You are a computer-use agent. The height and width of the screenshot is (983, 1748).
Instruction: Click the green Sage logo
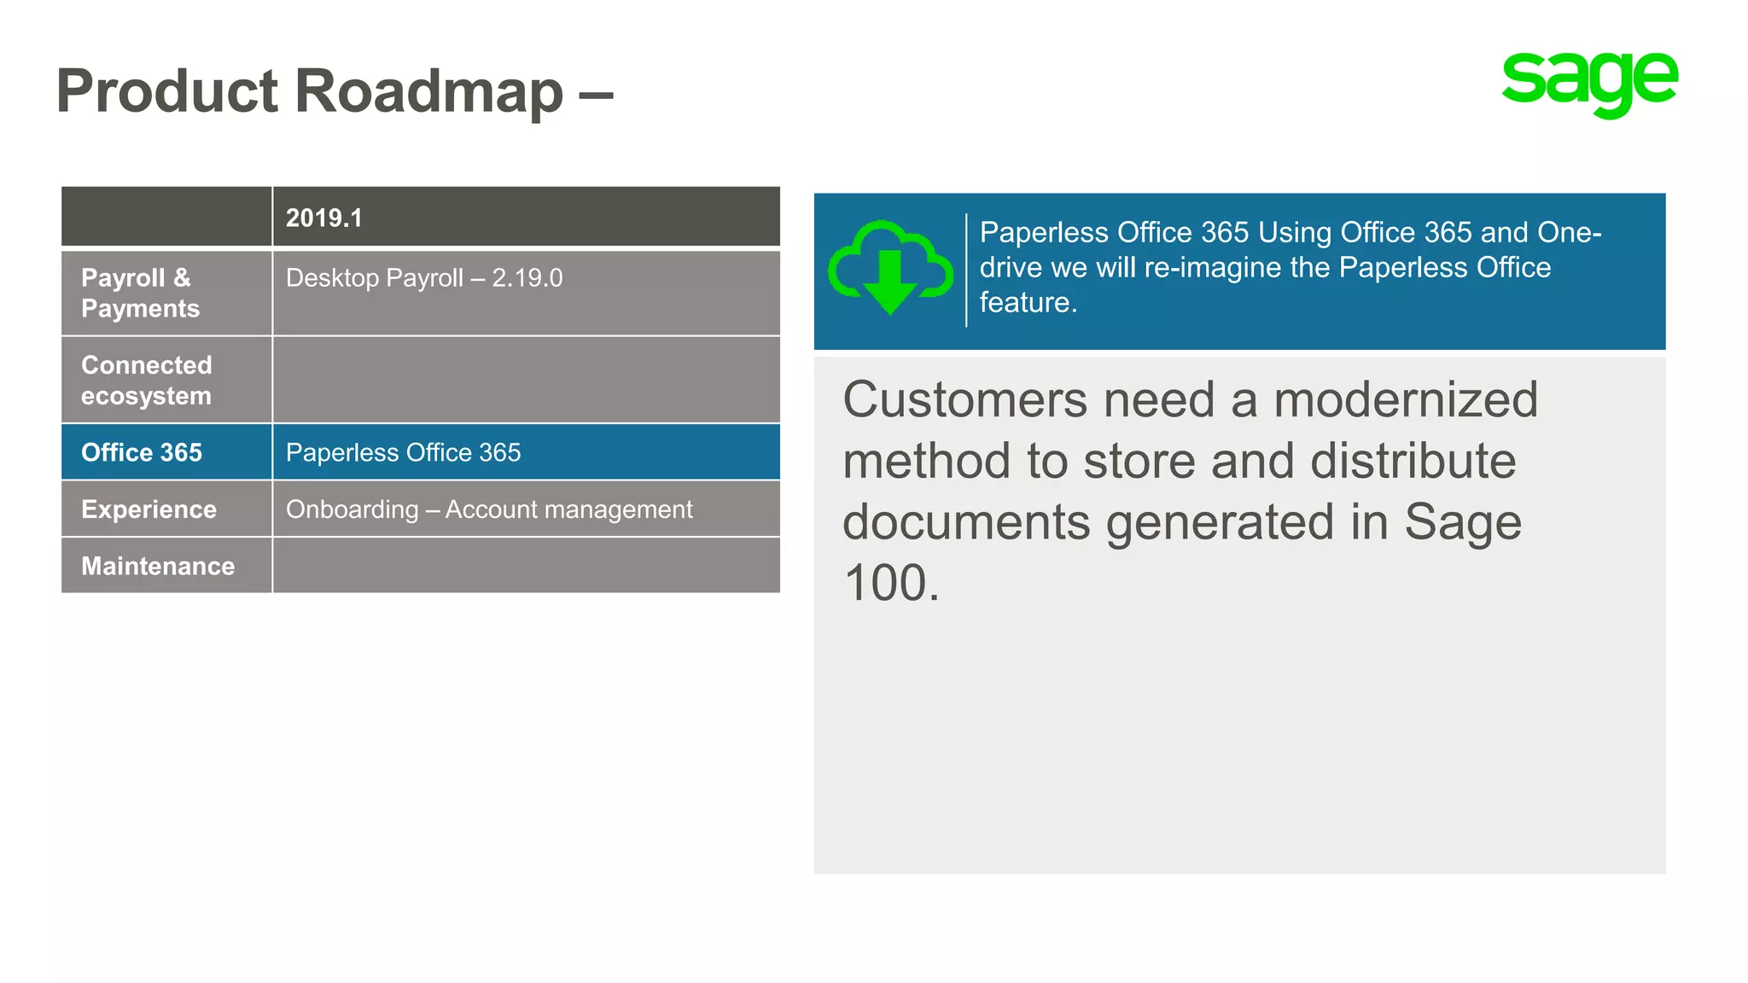tap(1589, 84)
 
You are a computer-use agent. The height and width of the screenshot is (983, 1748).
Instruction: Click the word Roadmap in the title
tap(429, 91)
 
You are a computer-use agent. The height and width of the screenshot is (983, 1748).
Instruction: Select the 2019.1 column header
tap(324, 218)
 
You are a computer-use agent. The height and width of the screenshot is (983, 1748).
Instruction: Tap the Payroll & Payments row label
tap(140, 293)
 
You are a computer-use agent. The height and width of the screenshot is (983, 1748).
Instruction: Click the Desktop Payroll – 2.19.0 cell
tap(424, 278)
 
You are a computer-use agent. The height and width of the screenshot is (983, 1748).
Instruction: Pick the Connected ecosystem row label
tap(147, 380)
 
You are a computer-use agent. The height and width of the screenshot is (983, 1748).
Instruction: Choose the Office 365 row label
tap(142, 452)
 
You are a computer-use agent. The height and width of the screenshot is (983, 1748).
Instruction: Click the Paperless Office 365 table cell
tap(403, 452)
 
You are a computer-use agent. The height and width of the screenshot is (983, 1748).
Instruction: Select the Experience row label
tap(149, 509)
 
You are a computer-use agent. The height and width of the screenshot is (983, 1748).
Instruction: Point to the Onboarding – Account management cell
tap(489, 509)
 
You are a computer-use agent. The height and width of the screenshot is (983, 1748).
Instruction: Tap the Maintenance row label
tap(158, 566)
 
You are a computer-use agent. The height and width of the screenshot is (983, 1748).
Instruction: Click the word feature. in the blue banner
tap(1028, 303)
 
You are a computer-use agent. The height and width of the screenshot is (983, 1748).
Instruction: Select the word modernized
tap(1405, 399)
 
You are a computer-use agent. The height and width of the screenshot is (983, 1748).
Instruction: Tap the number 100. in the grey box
tap(891, 584)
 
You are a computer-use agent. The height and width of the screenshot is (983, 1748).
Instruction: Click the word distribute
tap(1413, 461)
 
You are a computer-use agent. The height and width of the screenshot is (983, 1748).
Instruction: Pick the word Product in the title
tap(167, 91)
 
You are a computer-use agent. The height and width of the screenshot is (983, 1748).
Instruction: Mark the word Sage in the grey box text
tap(1462, 522)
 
